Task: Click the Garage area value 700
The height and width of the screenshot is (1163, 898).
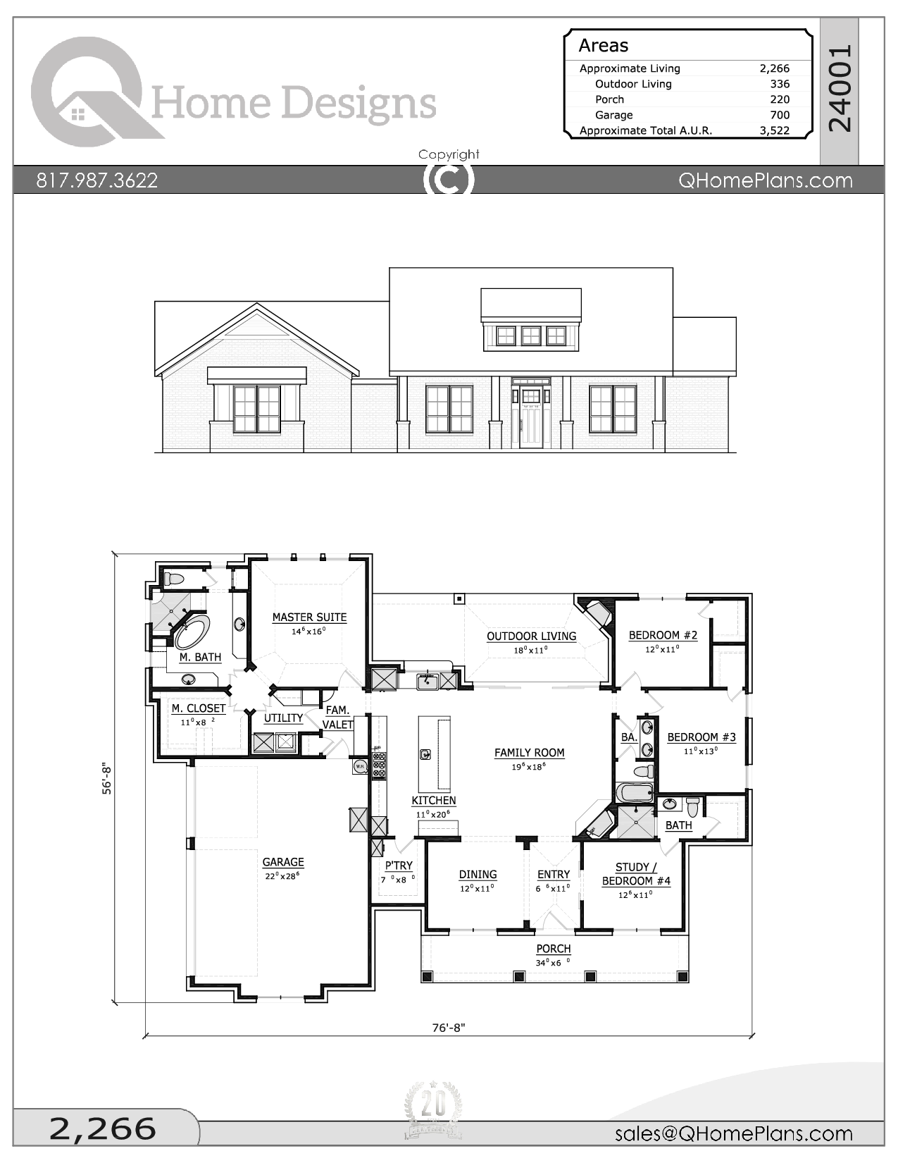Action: click(779, 115)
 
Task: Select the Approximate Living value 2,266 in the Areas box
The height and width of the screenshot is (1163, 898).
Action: click(774, 68)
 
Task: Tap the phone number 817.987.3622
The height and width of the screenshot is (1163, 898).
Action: click(97, 180)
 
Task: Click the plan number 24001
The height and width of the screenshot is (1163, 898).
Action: click(840, 89)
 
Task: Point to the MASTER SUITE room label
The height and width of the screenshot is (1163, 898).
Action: click(309, 617)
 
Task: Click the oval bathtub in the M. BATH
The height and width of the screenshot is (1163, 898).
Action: click(192, 631)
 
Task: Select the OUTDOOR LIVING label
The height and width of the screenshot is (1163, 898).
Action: click(531, 636)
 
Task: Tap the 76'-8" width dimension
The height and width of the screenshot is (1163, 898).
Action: click(449, 1028)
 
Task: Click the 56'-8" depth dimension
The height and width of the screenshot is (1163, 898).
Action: click(108, 777)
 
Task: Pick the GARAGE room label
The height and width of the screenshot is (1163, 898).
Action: click(283, 862)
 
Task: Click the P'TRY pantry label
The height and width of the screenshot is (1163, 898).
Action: click(399, 866)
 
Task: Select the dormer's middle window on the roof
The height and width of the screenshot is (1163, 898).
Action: click(531, 336)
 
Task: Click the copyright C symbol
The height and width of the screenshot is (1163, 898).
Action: click(449, 179)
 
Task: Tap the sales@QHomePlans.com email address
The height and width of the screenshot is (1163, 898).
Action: click(733, 1133)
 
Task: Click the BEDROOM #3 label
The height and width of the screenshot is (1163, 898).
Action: click(701, 737)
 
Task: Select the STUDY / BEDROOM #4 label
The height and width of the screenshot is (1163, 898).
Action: click(635, 874)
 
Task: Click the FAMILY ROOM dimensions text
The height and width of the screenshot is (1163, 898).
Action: click(528, 767)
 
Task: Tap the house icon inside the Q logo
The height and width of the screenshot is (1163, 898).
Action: click(78, 113)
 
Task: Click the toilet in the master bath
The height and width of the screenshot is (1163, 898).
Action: click(173, 579)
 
